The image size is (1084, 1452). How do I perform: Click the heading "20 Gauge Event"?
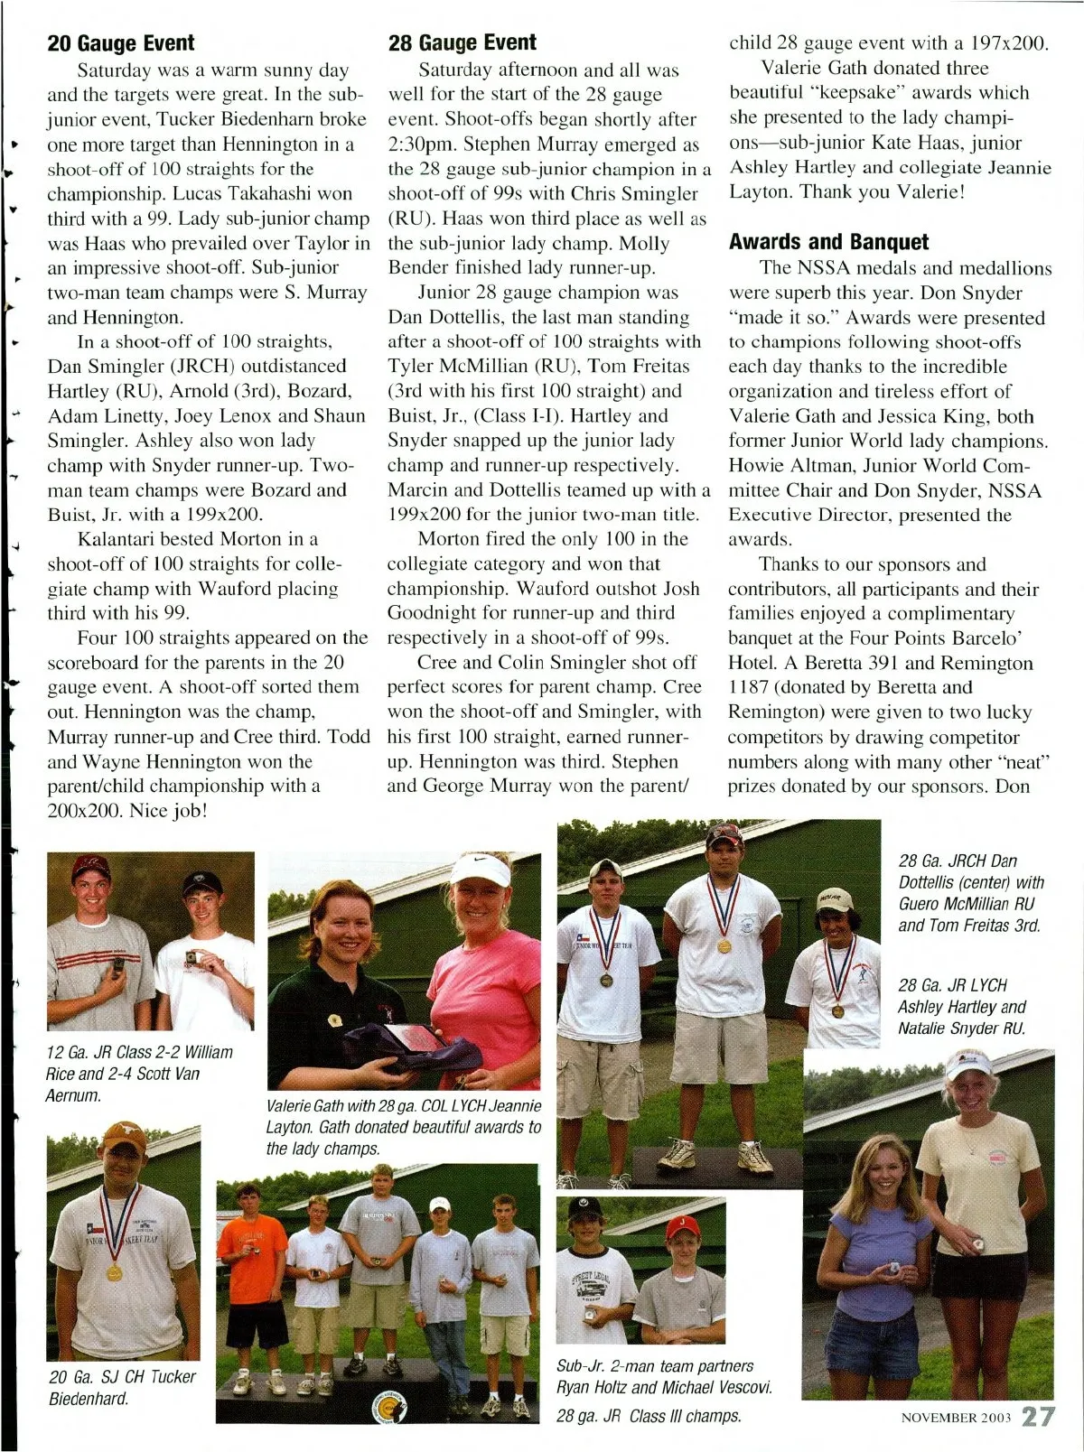[x=121, y=43]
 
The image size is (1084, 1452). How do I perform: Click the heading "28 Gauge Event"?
[x=462, y=42]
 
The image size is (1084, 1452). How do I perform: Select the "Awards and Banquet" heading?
[x=828, y=242]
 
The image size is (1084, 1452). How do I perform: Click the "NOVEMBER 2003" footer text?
[x=956, y=1417]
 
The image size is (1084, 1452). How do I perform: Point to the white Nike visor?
[x=481, y=869]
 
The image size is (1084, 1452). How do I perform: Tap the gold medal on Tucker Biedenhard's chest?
[x=115, y=1273]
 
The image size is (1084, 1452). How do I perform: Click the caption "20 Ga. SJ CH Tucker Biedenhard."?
[x=122, y=1388]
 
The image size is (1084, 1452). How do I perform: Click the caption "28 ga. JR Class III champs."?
[x=649, y=1416]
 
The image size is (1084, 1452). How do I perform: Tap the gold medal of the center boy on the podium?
[x=724, y=946]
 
